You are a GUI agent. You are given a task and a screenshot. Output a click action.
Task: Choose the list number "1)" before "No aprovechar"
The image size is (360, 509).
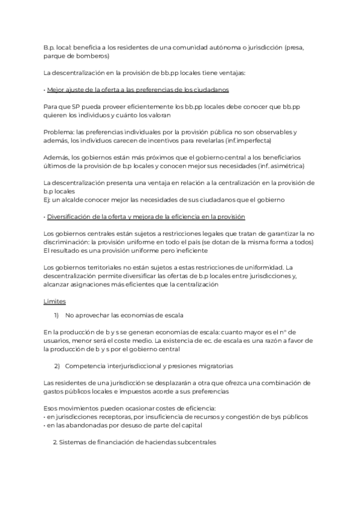coord(56,315)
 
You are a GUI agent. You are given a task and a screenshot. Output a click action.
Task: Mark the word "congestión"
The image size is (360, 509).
coord(259,417)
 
